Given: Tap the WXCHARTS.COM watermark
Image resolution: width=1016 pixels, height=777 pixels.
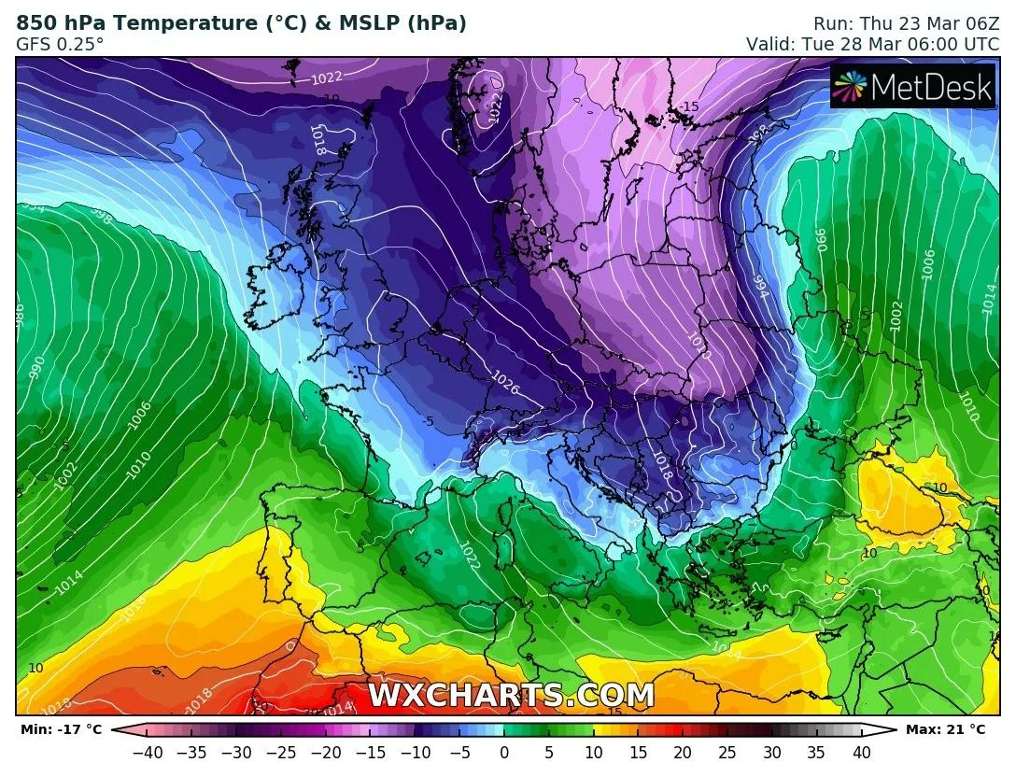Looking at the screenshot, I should point(511,696).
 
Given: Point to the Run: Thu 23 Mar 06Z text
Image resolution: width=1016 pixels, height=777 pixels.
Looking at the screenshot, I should point(907,23).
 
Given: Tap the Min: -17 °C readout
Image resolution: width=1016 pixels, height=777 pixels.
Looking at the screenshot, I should point(58,729).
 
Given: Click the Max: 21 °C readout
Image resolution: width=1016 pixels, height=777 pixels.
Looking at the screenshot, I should point(946,729).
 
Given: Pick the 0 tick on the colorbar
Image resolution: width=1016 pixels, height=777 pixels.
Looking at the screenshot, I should point(504,752).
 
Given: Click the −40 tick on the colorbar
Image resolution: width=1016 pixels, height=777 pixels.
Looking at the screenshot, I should point(146,752).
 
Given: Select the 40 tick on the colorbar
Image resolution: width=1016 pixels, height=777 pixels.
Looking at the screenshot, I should point(862,752).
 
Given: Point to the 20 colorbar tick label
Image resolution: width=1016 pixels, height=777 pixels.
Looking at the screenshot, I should point(683,752).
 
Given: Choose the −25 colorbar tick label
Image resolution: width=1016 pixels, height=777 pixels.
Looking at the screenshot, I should point(280,752).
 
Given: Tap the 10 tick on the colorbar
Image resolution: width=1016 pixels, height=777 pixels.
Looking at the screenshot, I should point(593,752).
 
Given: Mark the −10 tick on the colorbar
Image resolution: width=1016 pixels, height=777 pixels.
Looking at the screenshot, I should point(415,752).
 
